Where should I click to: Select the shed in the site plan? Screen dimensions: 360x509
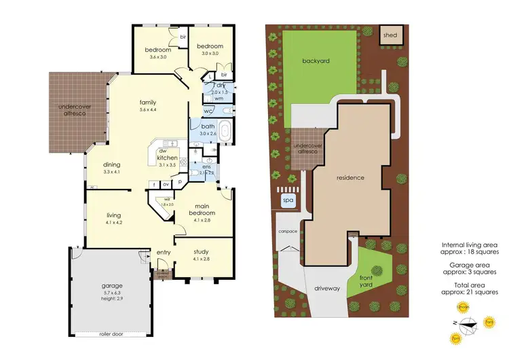pos(390,35)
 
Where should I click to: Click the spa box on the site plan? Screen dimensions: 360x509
pos(286,200)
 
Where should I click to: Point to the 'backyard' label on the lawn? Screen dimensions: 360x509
pos(316,61)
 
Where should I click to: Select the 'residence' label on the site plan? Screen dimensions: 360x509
pos(351,178)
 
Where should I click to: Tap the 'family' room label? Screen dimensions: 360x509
pos(148,103)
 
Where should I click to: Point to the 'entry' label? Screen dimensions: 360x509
pos(164,253)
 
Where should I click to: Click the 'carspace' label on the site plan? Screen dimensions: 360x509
pos(287,231)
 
